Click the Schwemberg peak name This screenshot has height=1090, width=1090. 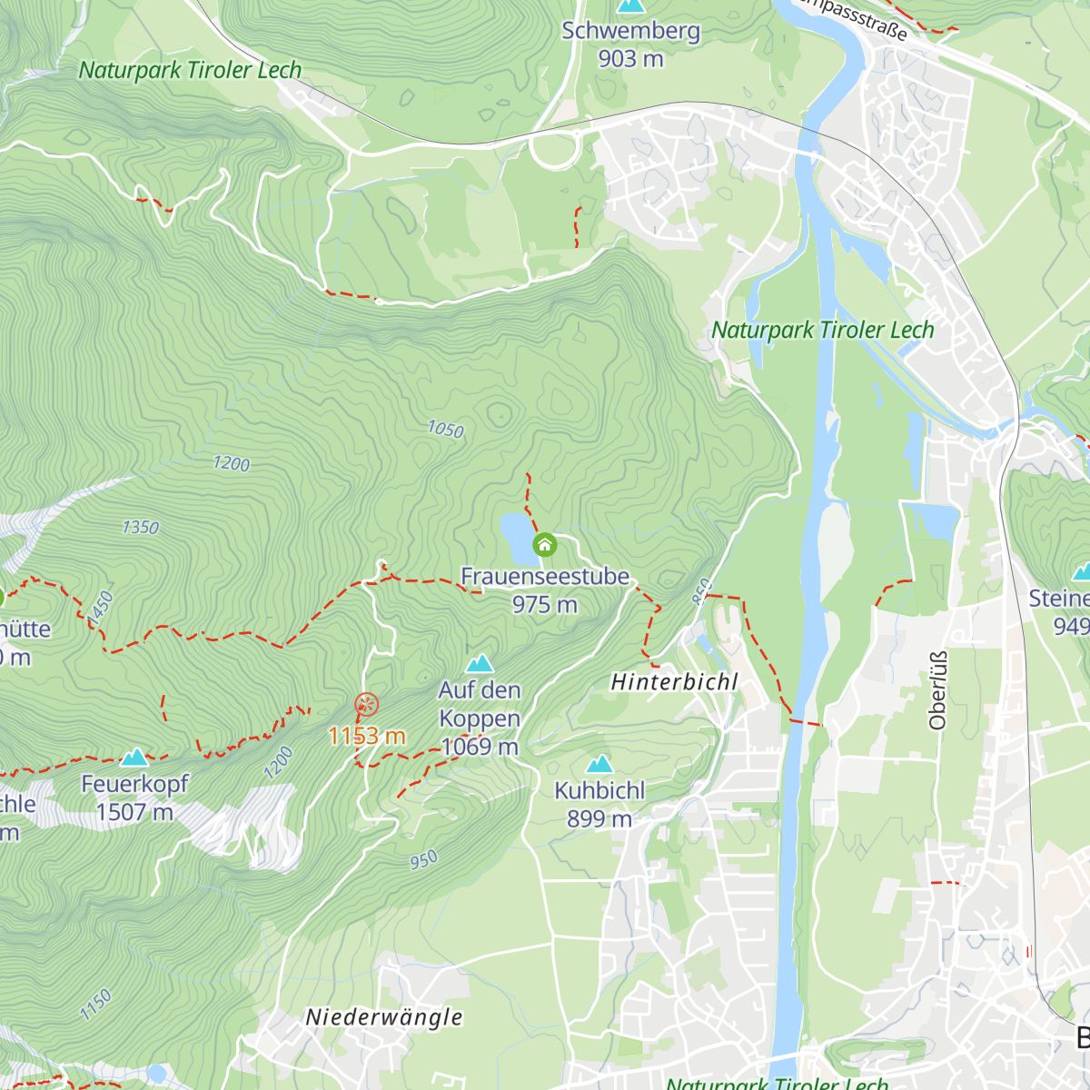(x=630, y=31)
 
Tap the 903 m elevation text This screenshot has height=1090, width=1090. (x=630, y=59)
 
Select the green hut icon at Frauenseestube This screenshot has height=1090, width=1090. (x=544, y=545)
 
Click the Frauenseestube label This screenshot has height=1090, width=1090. (x=545, y=576)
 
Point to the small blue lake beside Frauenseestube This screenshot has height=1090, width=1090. (x=516, y=536)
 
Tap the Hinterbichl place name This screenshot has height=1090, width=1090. (x=674, y=682)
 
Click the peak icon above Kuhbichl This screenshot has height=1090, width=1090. (x=599, y=765)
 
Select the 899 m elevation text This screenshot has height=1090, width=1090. (x=599, y=818)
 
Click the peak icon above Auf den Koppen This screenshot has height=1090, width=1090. (x=480, y=664)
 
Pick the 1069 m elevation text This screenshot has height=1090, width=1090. (x=480, y=747)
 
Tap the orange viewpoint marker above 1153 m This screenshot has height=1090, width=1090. (x=366, y=704)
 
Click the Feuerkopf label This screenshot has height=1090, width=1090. (x=134, y=784)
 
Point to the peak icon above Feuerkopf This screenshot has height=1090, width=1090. (x=134, y=758)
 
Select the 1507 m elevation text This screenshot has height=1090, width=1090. (x=134, y=812)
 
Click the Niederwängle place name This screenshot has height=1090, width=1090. (x=384, y=1017)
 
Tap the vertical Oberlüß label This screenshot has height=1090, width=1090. (x=938, y=690)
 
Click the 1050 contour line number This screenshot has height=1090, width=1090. (x=445, y=429)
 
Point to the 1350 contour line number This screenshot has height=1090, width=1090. (x=140, y=527)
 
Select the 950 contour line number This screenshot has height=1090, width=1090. (x=423, y=859)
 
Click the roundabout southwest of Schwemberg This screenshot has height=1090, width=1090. (x=553, y=149)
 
